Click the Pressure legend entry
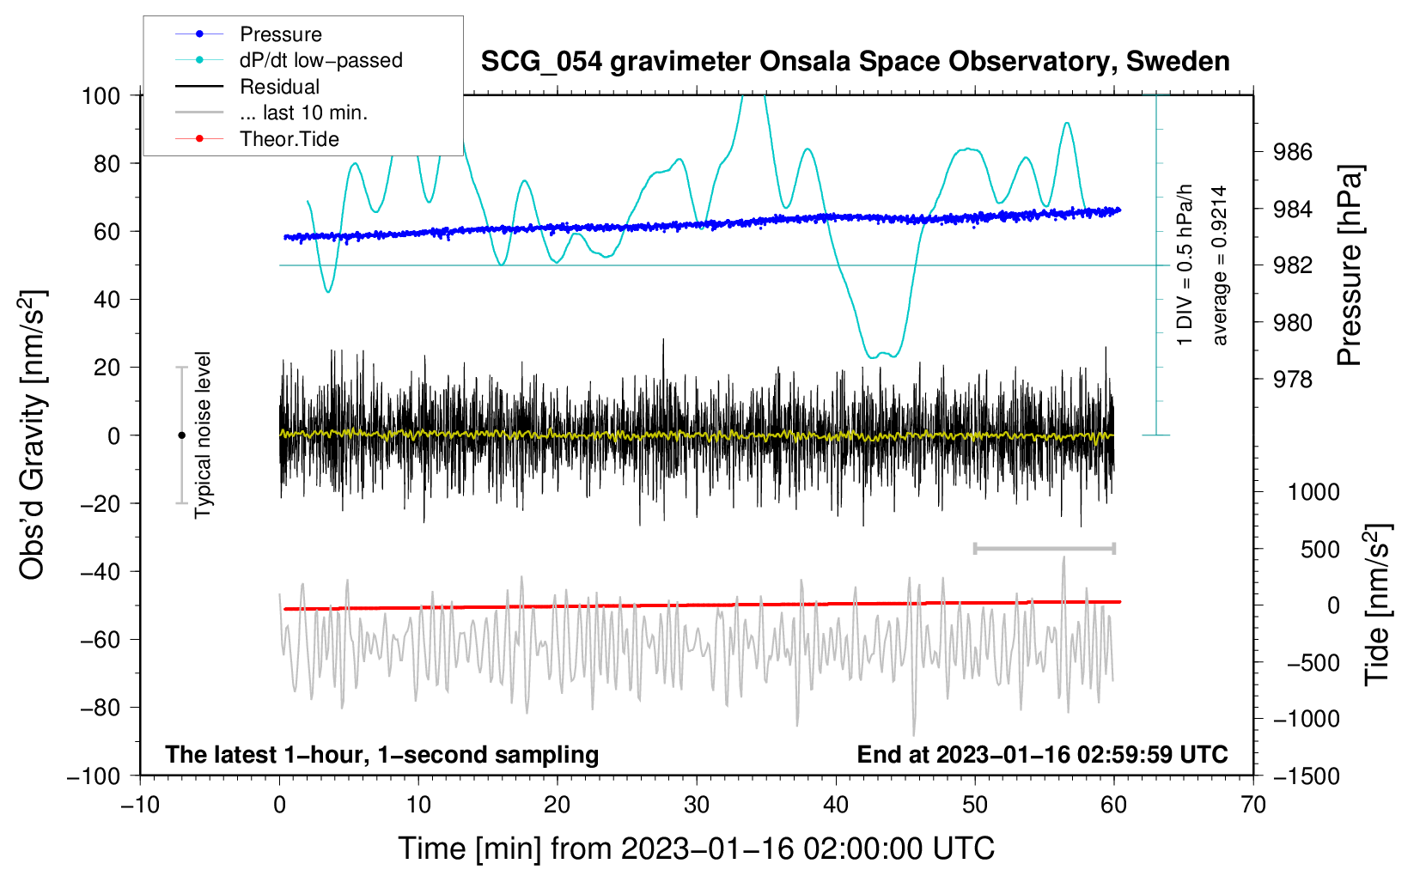click(x=248, y=33)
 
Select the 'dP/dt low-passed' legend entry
click(x=289, y=60)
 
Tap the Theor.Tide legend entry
click(x=257, y=139)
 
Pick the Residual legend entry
click(x=247, y=87)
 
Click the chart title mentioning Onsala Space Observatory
click(x=855, y=62)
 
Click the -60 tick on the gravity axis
click(x=100, y=640)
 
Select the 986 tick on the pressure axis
click(x=1292, y=152)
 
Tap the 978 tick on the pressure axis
click(x=1292, y=380)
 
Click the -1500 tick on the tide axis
click(x=1307, y=776)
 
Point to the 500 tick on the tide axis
click(x=1319, y=550)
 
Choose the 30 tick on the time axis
click(x=697, y=806)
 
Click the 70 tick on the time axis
click(x=1252, y=806)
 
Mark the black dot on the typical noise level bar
click(x=181, y=435)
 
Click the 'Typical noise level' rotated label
click(x=203, y=435)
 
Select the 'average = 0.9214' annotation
click(x=1219, y=265)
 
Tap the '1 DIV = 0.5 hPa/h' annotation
click(x=1184, y=265)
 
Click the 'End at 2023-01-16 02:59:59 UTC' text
click(x=1042, y=754)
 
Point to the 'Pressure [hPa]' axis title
click(x=1349, y=265)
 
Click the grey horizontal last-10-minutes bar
click(x=1044, y=548)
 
